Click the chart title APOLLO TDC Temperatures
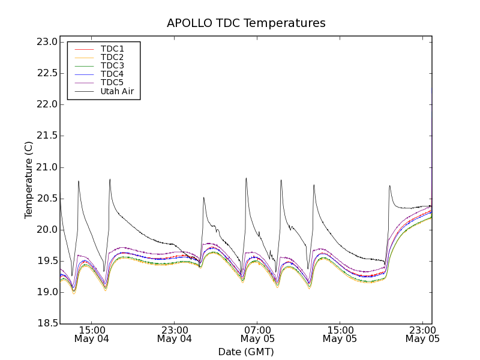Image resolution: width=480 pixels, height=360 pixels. (x=246, y=23)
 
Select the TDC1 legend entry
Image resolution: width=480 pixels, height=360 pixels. (x=112, y=49)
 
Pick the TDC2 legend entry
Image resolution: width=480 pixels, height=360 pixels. (x=112, y=57)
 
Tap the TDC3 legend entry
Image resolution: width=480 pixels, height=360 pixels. (x=112, y=65)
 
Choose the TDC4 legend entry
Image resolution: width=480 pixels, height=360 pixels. (x=112, y=74)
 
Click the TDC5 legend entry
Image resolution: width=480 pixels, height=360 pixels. (x=112, y=82)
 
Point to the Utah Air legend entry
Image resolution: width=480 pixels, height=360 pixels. (x=117, y=91)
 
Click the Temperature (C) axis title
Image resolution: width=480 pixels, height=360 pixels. (x=29, y=180)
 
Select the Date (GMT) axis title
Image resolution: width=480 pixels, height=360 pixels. (x=246, y=352)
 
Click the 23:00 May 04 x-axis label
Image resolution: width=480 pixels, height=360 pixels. (x=174, y=334)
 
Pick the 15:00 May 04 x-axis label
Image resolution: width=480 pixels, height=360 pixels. (x=91, y=334)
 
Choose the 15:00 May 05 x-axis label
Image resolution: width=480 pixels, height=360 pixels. (x=340, y=334)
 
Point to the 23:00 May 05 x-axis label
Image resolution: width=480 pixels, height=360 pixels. (x=422, y=334)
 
